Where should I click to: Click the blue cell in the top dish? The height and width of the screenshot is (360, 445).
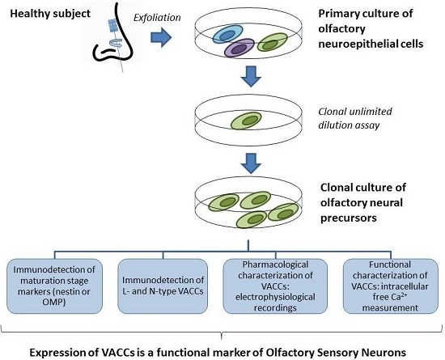pyautogui.click(x=227, y=34)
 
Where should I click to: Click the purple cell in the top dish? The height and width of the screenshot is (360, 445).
pyautogui.click(x=239, y=48)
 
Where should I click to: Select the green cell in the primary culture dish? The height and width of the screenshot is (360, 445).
pyautogui.click(x=272, y=42)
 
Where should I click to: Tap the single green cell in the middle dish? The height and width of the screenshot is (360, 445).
pyautogui.click(x=246, y=121)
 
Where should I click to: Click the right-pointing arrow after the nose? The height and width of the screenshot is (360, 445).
pyautogui.click(x=161, y=37)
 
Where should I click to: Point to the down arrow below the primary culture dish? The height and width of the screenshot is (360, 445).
pyautogui.click(x=251, y=76)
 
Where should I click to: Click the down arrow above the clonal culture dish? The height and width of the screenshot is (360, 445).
pyautogui.click(x=251, y=163)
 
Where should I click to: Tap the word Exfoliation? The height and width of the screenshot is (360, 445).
pyautogui.click(x=157, y=18)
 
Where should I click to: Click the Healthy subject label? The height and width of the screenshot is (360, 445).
pyautogui.click(x=50, y=13)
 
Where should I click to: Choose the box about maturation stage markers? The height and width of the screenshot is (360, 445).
pyautogui.click(x=54, y=286)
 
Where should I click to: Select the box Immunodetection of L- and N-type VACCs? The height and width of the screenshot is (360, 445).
pyautogui.click(x=163, y=286)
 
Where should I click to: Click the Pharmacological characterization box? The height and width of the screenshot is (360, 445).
pyautogui.click(x=275, y=286)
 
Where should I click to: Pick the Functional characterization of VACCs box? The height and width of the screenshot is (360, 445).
pyautogui.click(x=391, y=286)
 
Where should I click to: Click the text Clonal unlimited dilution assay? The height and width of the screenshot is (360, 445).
pyautogui.click(x=355, y=118)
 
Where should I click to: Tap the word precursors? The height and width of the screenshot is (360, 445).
pyautogui.click(x=349, y=218)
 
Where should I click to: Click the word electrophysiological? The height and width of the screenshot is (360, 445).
pyautogui.click(x=275, y=297)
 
